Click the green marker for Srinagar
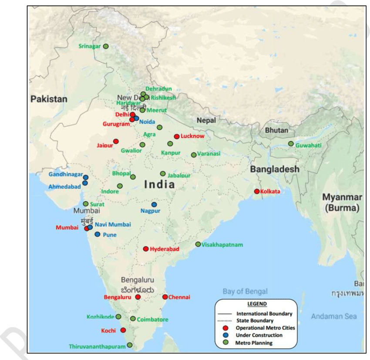[x=106, y=46]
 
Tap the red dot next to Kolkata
[x=257, y=191]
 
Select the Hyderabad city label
[x=165, y=249]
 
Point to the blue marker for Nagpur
[x=154, y=204]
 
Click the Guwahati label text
[x=309, y=145]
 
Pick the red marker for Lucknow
[x=176, y=136]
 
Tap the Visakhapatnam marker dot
[x=198, y=245]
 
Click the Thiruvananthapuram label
[x=97, y=347]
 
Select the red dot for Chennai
[x=165, y=297]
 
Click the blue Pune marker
[x=98, y=234]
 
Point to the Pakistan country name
[x=49, y=99]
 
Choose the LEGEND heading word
[x=257, y=304]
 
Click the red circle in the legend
[x=225, y=328]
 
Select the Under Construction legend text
[x=259, y=335]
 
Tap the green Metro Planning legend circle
[x=225, y=343]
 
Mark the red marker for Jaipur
[x=116, y=141]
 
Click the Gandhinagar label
[x=66, y=174]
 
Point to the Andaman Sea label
[x=334, y=316]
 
